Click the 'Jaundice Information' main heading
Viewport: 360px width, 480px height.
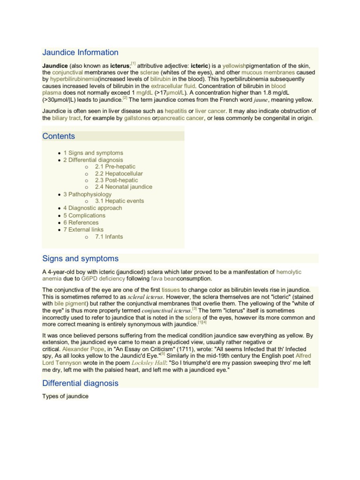[x=80, y=52]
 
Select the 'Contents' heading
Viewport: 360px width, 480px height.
[x=59, y=136]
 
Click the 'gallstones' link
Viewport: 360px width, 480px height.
[x=137, y=119]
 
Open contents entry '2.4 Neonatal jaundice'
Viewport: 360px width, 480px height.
[x=123, y=187]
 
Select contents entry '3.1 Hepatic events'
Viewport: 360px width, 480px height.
[x=119, y=201]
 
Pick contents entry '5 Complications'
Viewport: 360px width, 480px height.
[x=84, y=216]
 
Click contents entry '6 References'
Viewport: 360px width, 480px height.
[x=81, y=223]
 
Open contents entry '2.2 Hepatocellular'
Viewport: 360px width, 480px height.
[x=119, y=173]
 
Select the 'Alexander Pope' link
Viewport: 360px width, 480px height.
[x=81, y=350]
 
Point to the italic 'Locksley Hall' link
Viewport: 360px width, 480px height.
[x=148, y=363]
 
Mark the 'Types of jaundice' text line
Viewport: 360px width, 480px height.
[x=65, y=397]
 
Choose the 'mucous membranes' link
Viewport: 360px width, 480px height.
[x=268, y=73]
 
